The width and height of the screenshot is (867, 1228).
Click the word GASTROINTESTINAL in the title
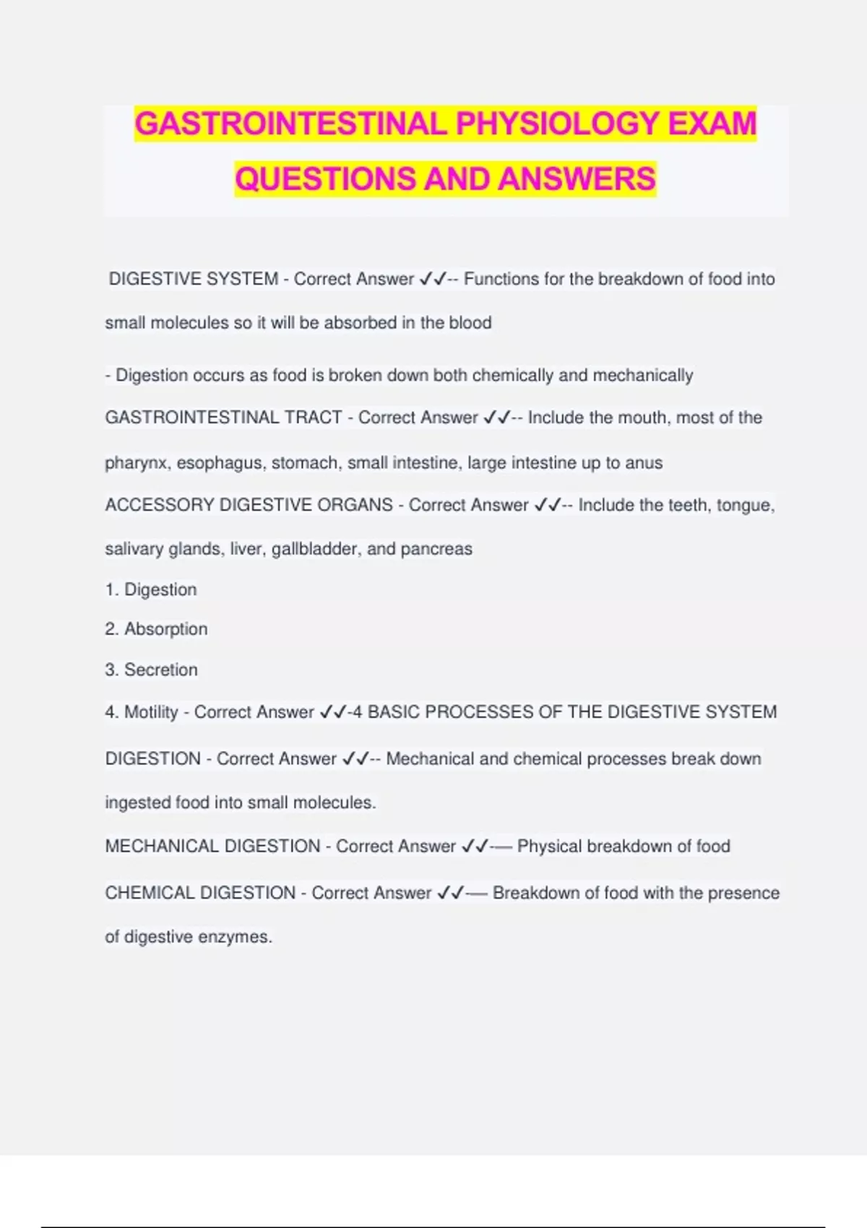(x=291, y=124)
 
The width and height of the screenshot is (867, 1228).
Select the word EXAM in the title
(x=712, y=124)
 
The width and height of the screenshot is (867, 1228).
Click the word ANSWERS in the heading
(x=577, y=179)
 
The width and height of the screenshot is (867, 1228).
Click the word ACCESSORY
(x=159, y=505)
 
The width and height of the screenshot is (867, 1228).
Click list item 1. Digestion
(x=151, y=589)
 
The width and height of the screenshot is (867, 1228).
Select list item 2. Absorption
(x=156, y=629)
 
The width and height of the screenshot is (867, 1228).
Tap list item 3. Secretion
(x=151, y=670)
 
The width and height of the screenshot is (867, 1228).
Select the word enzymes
(x=239, y=937)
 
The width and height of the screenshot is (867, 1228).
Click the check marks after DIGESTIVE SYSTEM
(x=432, y=279)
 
